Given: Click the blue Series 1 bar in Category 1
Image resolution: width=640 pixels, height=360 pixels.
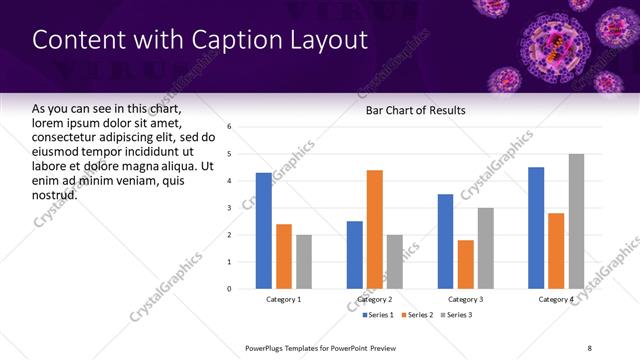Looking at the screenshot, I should tap(263, 231).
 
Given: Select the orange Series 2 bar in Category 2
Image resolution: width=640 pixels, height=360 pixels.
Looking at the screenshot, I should tap(375, 229).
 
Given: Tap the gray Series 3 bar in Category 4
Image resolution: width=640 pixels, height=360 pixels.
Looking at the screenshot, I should tap(576, 221).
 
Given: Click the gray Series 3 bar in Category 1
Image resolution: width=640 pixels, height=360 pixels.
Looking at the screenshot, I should tap(303, 262).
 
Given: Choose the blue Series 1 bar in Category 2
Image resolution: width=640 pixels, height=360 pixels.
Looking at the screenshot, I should tap(355, 255).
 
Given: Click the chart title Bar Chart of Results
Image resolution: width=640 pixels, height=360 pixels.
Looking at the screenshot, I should tap(416, 110).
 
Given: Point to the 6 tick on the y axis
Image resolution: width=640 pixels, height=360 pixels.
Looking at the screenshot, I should tap(230, 127).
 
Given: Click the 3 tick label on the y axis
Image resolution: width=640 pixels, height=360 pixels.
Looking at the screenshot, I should tap(230, 208).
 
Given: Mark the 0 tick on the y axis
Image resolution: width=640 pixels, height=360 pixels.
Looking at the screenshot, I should tap(230, 289).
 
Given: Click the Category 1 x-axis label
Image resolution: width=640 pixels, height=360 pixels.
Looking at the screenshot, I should tap(283, 299).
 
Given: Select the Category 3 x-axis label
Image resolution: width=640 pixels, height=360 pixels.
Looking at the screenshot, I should tap(466, 299).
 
